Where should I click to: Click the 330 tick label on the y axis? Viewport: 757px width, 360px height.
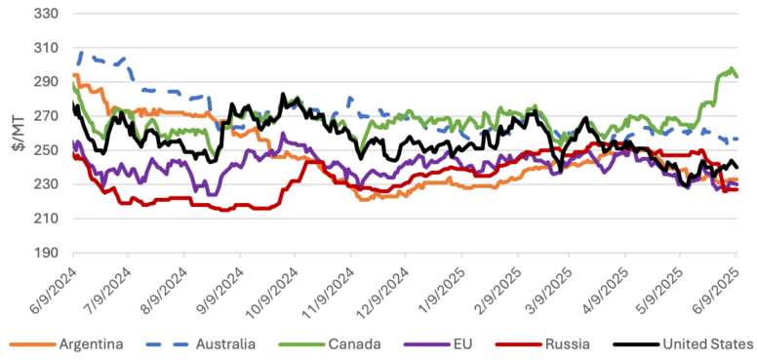[45, 14]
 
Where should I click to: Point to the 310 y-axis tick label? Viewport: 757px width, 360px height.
[45, 48]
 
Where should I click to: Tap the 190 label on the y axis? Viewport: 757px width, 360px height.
[45, 253]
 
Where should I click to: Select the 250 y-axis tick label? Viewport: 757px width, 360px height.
[45, 150]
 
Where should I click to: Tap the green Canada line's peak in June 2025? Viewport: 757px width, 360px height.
[732, 68]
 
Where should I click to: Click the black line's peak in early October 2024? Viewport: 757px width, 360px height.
[283, 94]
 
